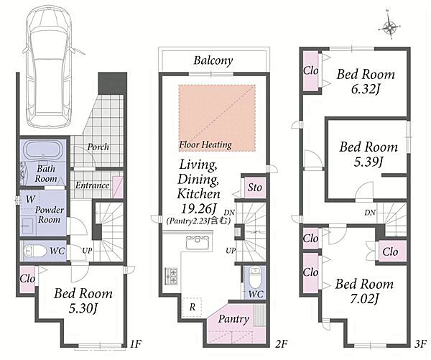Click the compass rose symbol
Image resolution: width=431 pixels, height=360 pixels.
pos(389,27)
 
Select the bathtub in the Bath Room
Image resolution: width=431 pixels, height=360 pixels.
pos(45,150)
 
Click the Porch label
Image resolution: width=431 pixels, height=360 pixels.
pos(98,147)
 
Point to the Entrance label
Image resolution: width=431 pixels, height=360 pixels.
pos(92,185)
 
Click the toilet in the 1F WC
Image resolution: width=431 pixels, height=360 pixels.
pos(35,251)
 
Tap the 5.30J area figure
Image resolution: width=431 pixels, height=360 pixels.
pos(83,308)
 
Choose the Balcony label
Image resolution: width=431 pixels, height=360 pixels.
pos(213,60)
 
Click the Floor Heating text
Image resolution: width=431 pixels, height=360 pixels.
pos(205,144)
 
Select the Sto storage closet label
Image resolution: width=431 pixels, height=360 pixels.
pos(254,188)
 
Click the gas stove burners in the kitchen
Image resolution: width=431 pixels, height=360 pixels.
pos(171,276)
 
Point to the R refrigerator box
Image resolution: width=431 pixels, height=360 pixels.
pos(193,307)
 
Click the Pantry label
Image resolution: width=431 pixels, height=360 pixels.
pos(233,319)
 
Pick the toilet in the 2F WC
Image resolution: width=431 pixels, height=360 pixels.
pos(255,277)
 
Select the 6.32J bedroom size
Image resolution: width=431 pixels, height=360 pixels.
pos(366,89)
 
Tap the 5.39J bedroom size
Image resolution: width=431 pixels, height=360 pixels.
pos(368,162)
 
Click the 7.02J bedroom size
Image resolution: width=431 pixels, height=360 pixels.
pos(364,299)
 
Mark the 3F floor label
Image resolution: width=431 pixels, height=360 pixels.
pos(420,343)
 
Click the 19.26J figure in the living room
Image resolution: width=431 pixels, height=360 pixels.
pos(198,208)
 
